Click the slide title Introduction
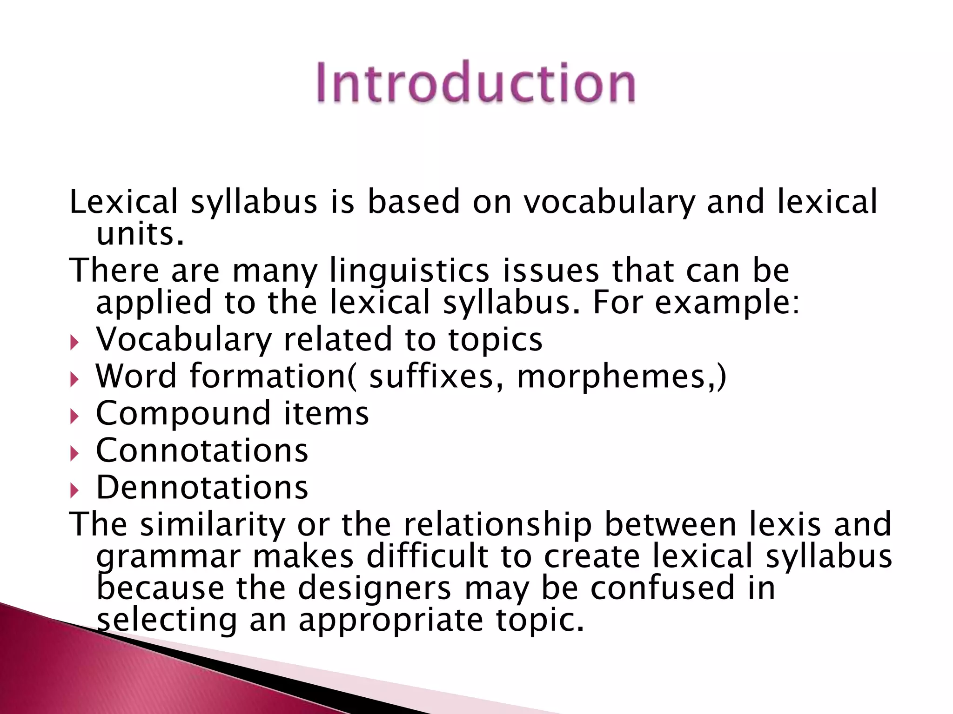tap(476, 83)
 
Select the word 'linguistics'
tap(409, 271)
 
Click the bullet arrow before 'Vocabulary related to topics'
tap(75, 344)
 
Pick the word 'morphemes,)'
tap(621, 376)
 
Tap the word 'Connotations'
tap(202, 450)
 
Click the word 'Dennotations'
tap(202, 488)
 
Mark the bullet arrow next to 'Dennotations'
tap(75, 491)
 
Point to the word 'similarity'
tap(213, 524)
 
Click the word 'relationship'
tap(497, 524)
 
